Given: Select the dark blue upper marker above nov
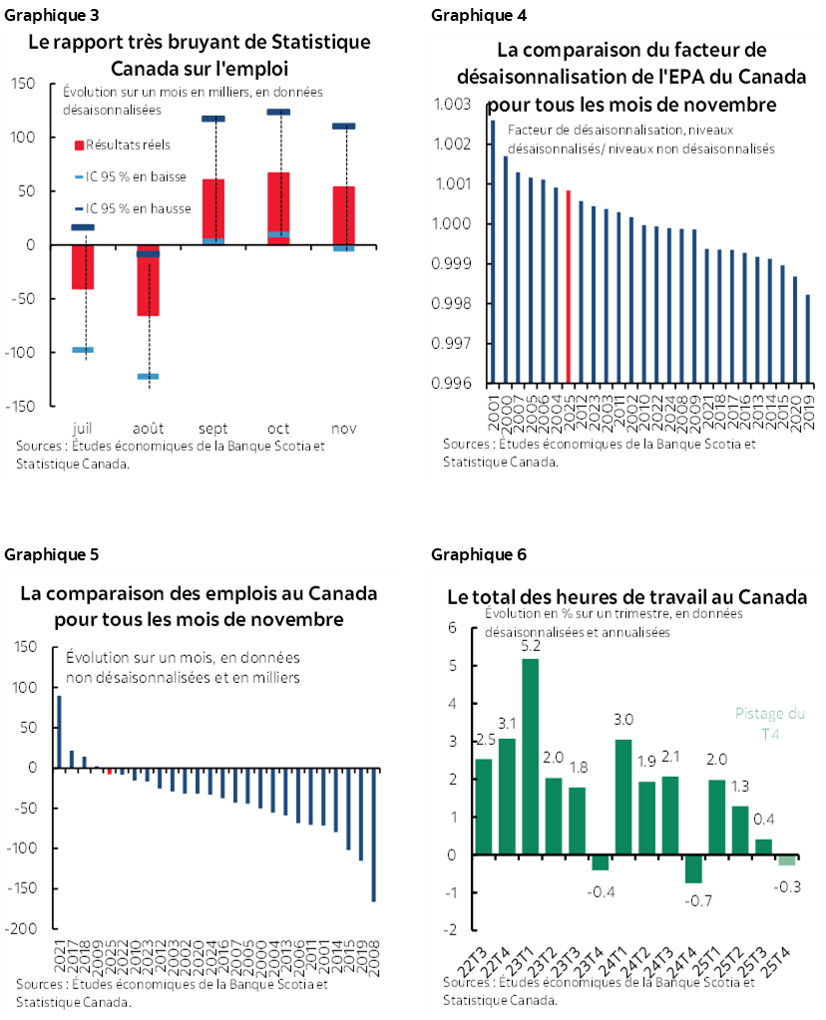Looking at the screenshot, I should (343, 127).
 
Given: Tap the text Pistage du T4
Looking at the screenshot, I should (769, 723).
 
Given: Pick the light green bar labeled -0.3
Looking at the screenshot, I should (787, 860).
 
